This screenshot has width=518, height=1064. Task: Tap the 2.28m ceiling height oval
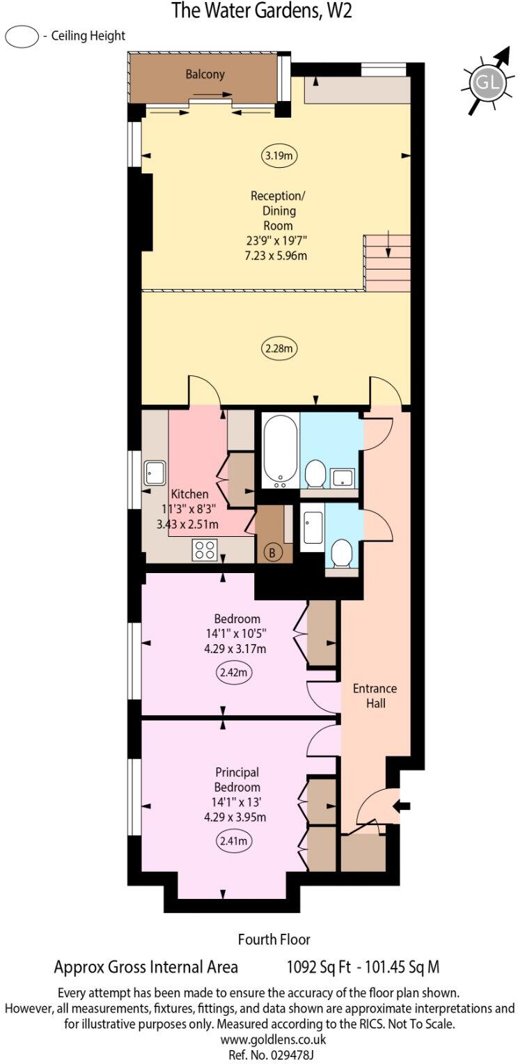(x=278, y=347)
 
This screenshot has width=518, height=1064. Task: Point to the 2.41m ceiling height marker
(x=234, y=841)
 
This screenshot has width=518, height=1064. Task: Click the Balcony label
(x=205, y=74)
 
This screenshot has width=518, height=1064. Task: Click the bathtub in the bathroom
(x=280, y=452)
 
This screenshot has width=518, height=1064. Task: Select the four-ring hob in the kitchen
(x=205, y=549)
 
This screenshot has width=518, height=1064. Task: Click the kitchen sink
(x=154, y=474)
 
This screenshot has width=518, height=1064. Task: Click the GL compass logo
(x=487, y=84)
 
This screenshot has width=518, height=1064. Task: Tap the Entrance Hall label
(x=375, y=696)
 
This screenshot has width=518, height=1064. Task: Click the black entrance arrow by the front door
(x=402, y=806)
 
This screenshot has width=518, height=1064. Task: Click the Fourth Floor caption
(x=274, y=939)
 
